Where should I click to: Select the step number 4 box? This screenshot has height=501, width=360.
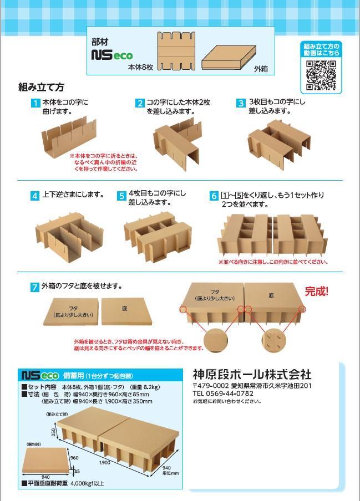(x=35, y=196)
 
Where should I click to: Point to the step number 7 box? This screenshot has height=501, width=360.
(x=35, y=287)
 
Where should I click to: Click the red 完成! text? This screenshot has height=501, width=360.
(x=317, y=291)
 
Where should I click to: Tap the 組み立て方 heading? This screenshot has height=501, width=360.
(x=42, y=87)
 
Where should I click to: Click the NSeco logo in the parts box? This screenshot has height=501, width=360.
(x=111, y=55)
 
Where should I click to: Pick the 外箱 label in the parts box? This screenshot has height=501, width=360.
(x=261, y=69)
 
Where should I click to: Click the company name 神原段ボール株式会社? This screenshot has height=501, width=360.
(x=252, y=374)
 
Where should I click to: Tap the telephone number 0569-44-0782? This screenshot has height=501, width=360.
(x=231, y=393)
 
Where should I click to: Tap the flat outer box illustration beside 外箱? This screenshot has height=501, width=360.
(x=225, y=57)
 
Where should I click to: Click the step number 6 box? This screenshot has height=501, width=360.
(x=214, y=196)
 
